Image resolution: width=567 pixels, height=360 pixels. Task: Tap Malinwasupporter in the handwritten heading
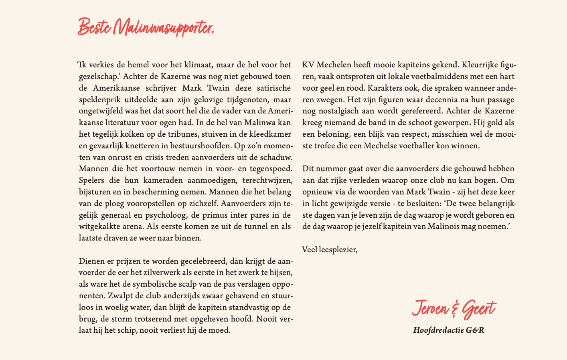[163, 28]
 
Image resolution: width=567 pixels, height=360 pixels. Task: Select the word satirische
[269, 88]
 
